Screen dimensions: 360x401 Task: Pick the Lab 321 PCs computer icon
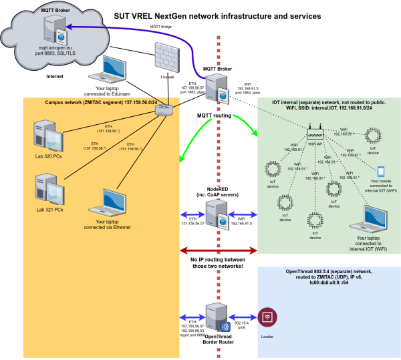tap(47, 186)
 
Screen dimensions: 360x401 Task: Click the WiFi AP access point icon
tap(315, 134)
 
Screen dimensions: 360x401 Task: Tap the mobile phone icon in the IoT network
tap(381, 172)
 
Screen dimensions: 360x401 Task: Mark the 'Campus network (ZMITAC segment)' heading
tap(95, 103)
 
